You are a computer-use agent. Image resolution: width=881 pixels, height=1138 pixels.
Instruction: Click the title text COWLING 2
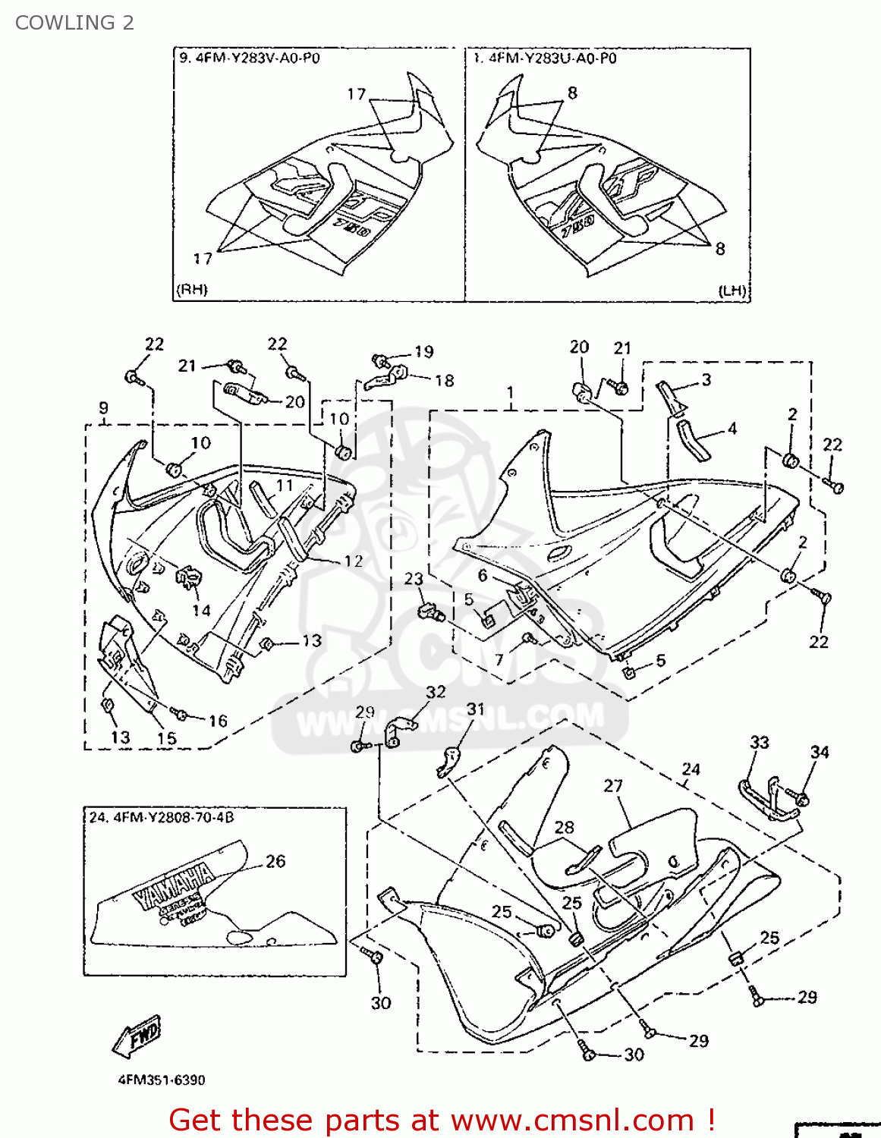click(x=74, y=23)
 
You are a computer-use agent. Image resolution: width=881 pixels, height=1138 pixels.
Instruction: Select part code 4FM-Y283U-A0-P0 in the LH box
click(x=551, y=58)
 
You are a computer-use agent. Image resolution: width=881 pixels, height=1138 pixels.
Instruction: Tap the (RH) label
click(x=192, y=290)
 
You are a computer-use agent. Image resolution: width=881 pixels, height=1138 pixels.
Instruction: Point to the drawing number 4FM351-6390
click(x=162, y=1080)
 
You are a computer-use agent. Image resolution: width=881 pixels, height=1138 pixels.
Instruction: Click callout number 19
click(x=423, y=352)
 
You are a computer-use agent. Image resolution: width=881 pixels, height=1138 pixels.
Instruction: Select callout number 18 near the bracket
click(x=444, y=380)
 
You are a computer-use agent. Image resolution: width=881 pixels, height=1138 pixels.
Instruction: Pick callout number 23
click(x=414, y=579)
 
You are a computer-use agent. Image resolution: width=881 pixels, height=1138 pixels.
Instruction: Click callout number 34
click(x=820, y=752)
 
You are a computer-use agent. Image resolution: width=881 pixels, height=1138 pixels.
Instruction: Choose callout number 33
click(x=760, y=742)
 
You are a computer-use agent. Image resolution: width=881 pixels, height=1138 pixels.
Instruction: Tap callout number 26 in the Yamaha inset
click(x=275, y=861)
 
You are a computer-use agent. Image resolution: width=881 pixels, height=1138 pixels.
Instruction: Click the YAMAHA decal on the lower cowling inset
click(x=175, y=884)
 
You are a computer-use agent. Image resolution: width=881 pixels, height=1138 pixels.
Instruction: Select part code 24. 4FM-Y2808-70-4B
click(x=162, y=818)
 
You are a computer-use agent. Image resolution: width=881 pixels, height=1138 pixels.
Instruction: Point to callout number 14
click(x=201, y=610)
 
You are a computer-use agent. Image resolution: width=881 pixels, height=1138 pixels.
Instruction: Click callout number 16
click(x=218, y=721)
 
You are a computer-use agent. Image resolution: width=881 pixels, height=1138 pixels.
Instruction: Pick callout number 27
click(x=613, y=786)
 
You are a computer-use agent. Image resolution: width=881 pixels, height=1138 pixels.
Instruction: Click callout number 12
click(x=354, y=561)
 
